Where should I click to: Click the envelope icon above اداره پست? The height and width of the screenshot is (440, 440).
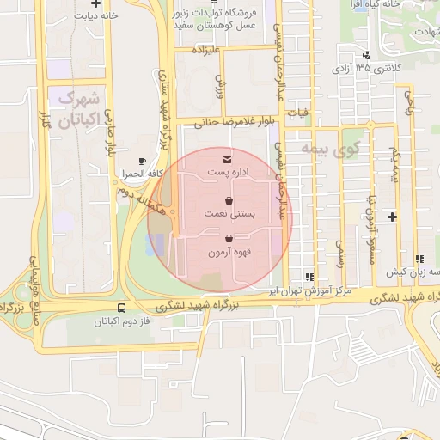[x=227, y=160]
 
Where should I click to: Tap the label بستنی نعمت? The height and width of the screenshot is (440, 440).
[x=229, y=213]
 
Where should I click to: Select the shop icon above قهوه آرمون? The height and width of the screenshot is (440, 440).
[x=229, y=239]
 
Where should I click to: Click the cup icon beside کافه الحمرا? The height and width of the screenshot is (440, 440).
[x=143, y=161]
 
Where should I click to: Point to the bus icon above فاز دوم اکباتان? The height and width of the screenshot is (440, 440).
[x=120, y=309]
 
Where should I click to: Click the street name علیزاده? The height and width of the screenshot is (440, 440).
[x=208, y=51]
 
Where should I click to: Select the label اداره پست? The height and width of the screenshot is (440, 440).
[x=227, y=173]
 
